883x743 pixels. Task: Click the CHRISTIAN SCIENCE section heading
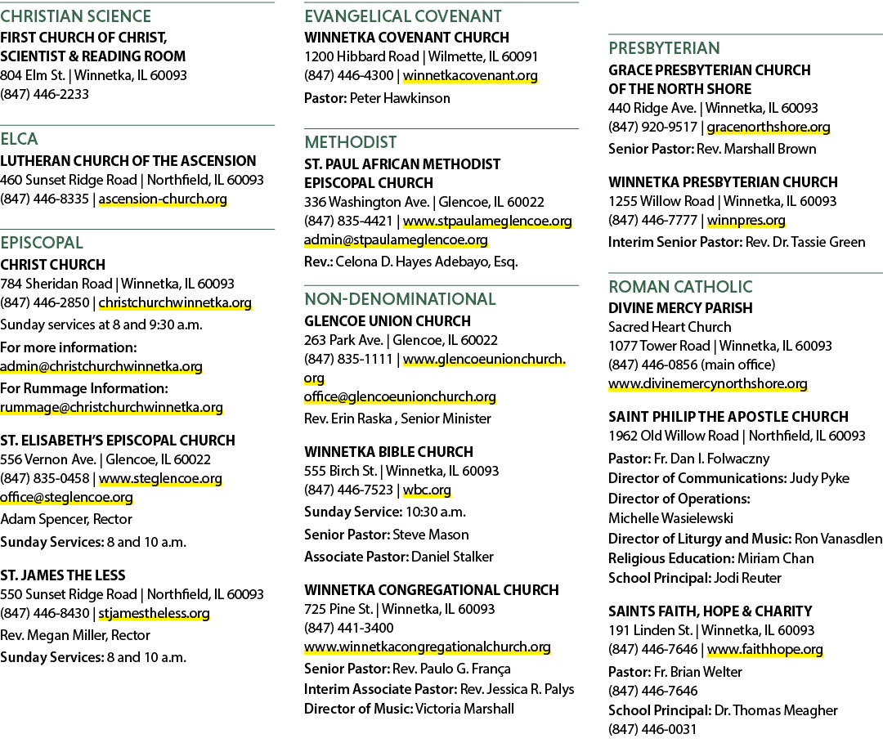[x=75, y=16]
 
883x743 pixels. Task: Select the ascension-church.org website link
[x=163, y=199]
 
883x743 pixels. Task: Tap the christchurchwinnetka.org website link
[x=175, y=302]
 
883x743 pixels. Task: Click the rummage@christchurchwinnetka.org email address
[x=111, y=408]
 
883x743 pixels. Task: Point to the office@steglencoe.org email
[x=66, y=498]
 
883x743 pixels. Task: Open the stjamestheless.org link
[x=155, y=614]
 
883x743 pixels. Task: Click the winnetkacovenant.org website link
[x=470, y=75]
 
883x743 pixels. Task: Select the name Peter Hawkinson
[x=400, y=99]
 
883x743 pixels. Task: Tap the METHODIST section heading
[x=350, y=142]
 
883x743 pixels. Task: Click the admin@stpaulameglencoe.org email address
[x=396, y=239]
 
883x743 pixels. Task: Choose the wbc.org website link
[x=427, y=490]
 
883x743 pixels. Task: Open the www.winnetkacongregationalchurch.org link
[x=428, y=647]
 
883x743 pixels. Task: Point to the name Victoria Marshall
[x=464, y=709]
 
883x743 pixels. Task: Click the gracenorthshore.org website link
[x=769, y=128]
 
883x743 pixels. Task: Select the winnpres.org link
[x=746, y=221]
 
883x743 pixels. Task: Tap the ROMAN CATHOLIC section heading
[x=680, y=287]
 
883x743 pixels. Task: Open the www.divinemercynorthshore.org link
[x=708, y=384]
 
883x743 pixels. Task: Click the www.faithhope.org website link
[x=764, y=650]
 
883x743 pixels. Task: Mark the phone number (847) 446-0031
[x=652, y=729]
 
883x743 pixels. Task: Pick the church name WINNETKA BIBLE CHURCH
[x=388, y=452]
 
